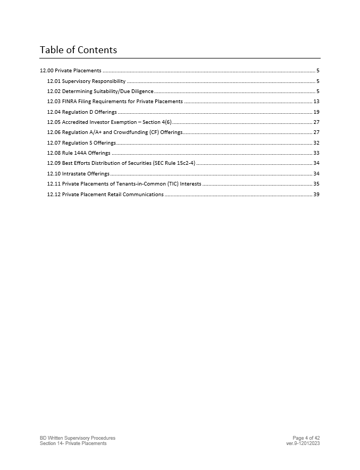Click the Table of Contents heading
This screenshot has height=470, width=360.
click(x=78, y=50)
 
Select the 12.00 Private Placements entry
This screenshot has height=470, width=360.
click(x=71, y=71)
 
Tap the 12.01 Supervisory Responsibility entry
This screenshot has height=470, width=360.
click(x=86, y=81)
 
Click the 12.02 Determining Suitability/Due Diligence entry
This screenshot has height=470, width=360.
click(x=100, y=91)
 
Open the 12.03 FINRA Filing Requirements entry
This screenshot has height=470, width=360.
click(x=115, y=102)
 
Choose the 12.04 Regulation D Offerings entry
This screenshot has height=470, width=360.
click(x=82, y=112)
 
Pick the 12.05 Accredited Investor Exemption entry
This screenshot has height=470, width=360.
click(x=109, y=122)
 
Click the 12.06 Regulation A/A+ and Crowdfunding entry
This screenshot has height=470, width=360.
click(x=115, y=132)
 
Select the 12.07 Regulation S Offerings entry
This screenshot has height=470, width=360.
click(x=81, y=143)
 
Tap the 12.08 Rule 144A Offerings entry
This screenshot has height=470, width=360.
click(x=79, y=153)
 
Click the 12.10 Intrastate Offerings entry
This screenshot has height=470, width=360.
click(x=78, y=174)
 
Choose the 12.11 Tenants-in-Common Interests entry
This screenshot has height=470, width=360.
click(x=124, y=184)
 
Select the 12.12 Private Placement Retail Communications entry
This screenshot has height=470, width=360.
click(x=105, y=195)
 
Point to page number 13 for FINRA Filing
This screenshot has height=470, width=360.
click(x=316, y=102)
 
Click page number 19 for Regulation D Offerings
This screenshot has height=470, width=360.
click(x=316, y=112)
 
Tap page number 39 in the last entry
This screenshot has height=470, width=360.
click(x=316, y=195)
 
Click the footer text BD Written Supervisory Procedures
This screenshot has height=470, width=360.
click(x=78, y=438)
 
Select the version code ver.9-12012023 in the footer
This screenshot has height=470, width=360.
click(x=303, y=443)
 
